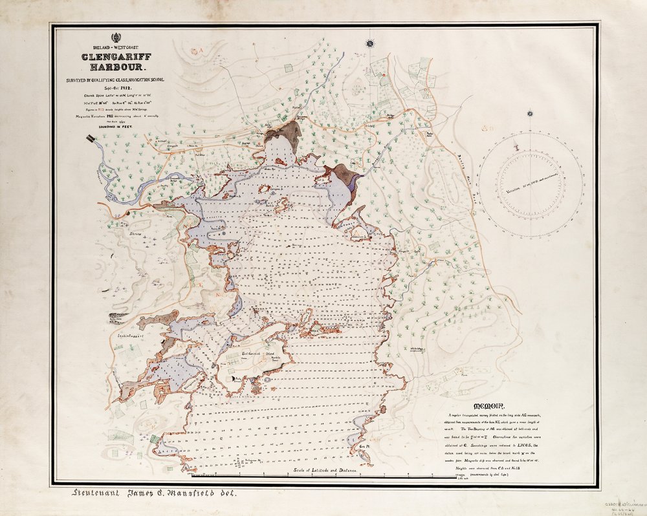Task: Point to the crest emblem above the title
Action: click(x=115, y=37)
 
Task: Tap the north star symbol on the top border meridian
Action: click(x=370, y=43)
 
